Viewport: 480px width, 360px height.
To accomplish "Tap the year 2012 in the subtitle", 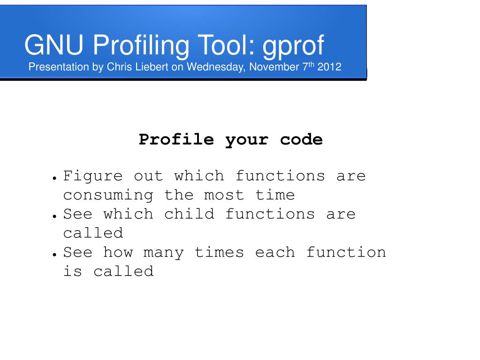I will [x=329, y=67].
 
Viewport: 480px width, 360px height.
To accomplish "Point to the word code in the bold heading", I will [x=301, y=139].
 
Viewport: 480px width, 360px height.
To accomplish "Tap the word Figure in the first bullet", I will [x=93, y=176].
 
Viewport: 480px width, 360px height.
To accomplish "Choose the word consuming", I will [x=108, y=195].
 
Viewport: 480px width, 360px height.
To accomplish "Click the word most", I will [x=224, y=195].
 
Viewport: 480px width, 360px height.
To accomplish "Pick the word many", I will [x=163, y=253].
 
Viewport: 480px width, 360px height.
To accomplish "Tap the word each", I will [x=275, y=252].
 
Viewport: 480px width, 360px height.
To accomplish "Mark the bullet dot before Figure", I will [x=55, y=178].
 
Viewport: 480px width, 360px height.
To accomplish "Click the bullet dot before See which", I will [x=55, y=216].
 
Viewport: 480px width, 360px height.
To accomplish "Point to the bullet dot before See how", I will [x=55, y=254].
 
